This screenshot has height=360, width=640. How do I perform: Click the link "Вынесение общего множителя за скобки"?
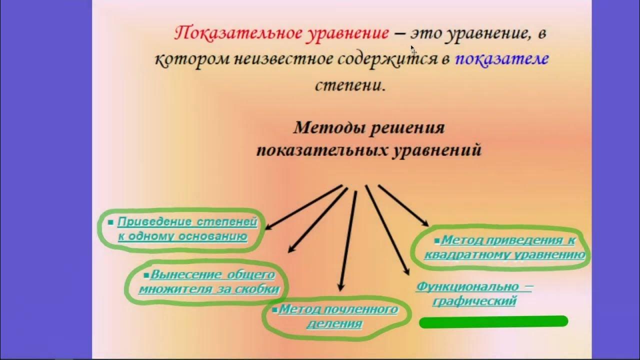coord(209,282)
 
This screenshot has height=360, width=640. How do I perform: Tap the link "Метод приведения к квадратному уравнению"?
coord(504,247)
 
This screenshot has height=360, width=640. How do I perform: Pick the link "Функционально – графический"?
coord(474,294)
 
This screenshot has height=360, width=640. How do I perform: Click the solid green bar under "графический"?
coord(493,322)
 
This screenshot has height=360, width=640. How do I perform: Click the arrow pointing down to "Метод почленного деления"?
coord(348,240)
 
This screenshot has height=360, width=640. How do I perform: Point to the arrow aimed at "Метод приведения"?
coord(403,205)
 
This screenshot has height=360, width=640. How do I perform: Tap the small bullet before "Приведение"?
coord(110,221)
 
